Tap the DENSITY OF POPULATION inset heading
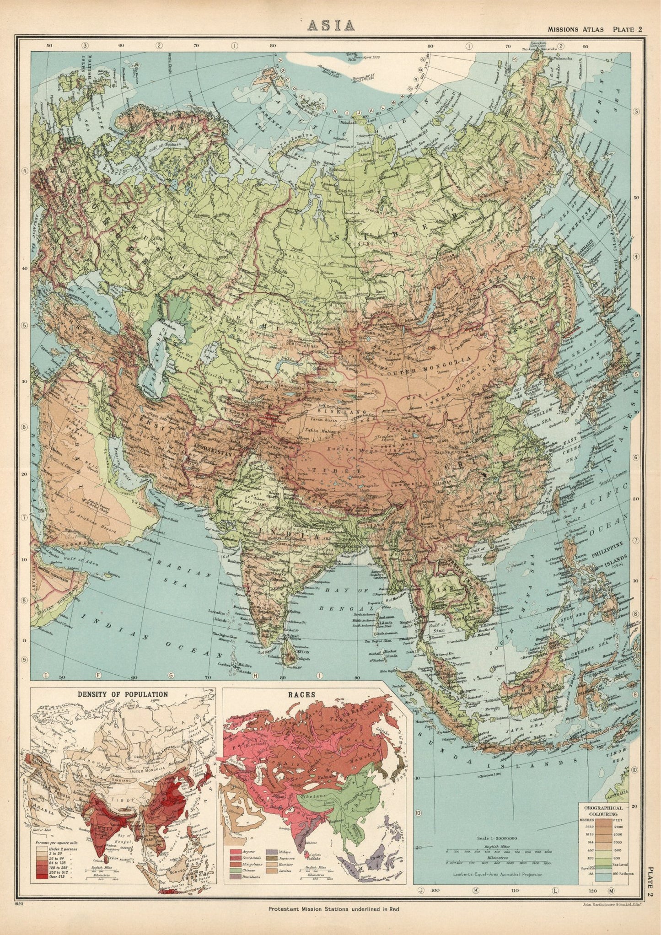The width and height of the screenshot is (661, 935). tap(123, 694)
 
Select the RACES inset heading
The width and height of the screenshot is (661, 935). tap(315, 694)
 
